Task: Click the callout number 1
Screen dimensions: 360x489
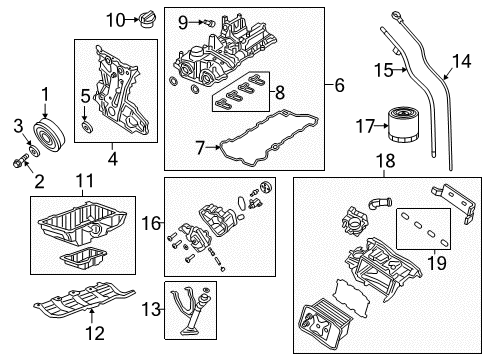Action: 44,94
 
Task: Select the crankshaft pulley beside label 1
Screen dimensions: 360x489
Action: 47,131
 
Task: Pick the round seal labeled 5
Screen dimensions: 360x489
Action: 339,88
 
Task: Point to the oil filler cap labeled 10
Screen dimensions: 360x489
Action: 84,180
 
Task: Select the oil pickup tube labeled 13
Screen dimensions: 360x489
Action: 461,62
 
